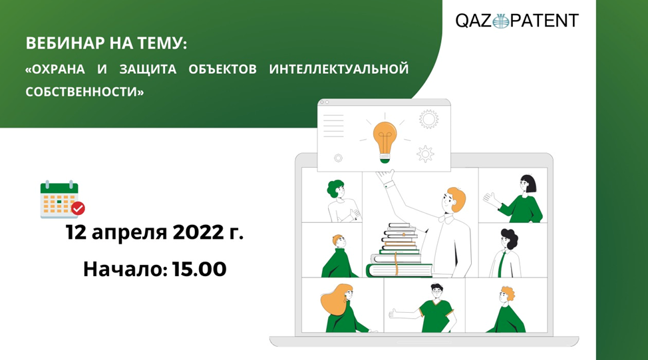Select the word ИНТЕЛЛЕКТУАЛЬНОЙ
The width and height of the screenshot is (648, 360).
(339, 69)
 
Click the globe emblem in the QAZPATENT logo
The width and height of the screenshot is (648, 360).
(501, 21)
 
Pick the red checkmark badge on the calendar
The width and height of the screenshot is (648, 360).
(78, 208)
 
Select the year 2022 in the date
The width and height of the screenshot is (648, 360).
(198, 232)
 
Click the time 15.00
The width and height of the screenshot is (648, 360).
(199, 269)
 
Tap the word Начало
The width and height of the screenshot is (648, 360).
(125, 269)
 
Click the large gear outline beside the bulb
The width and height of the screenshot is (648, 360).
(428, 120)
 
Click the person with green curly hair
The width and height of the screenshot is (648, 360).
(341, 201)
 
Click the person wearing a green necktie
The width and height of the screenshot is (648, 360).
(505, 253)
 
